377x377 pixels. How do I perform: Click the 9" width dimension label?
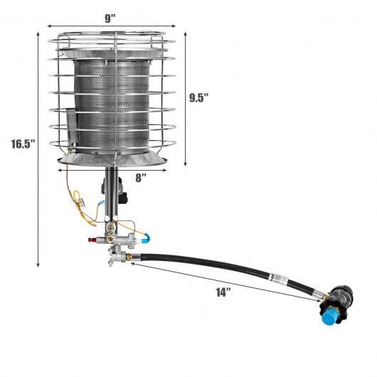[x=110, y=19]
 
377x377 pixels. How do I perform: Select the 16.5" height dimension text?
[x=23, y=145]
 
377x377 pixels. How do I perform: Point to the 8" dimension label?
[x=142, y=177]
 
